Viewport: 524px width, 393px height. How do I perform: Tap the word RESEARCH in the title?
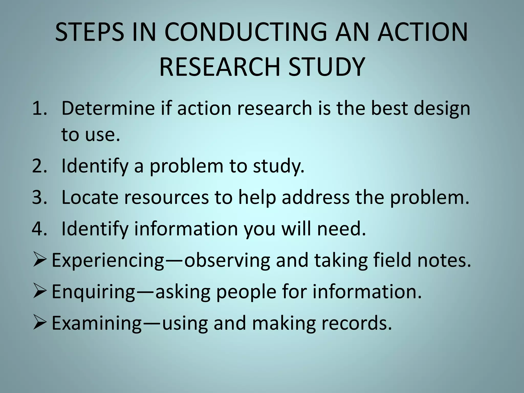(220, 67)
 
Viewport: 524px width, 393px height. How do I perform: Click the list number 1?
(40, 108)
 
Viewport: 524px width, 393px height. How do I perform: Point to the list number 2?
(40, 166)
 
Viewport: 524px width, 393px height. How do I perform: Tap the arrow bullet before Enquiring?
(40, 292)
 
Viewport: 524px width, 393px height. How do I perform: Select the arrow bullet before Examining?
(40, 323)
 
